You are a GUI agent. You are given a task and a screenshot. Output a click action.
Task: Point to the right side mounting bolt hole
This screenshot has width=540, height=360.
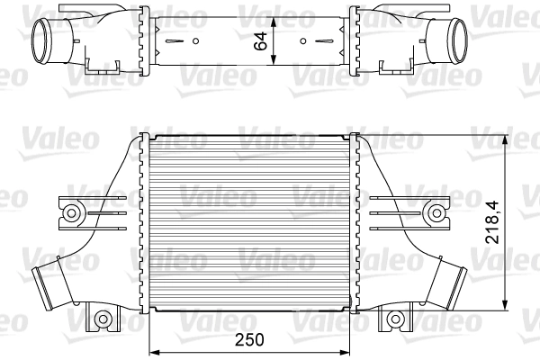pos(437,212)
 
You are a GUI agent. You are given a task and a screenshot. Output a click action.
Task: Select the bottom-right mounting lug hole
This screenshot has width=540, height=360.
pos(396,318)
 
